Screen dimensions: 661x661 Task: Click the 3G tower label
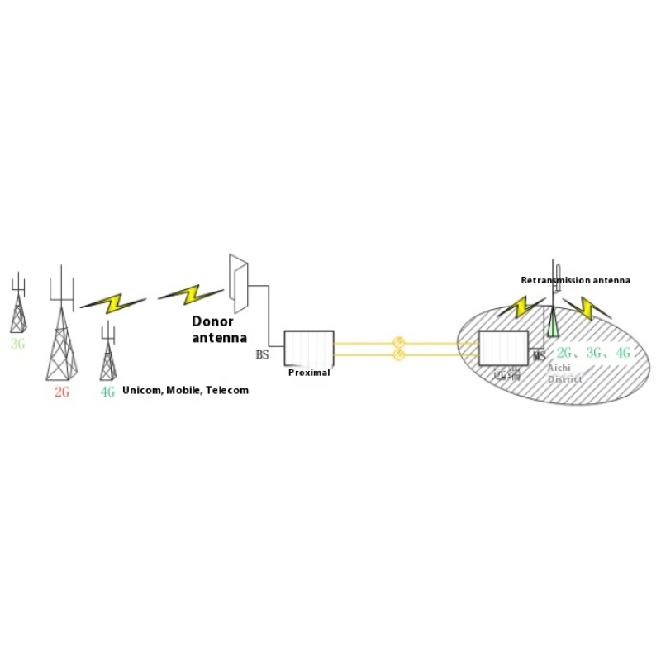point(18,343)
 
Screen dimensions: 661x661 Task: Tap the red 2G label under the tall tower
point(62,392)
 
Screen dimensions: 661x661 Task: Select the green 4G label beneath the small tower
point(107,392)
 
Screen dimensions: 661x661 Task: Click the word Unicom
point(140,390)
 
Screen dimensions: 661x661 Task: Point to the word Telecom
point(227,390)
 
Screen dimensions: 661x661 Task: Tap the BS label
point(262,354)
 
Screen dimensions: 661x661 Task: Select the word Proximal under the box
point(309,373)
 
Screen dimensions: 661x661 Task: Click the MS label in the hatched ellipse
point(539,356)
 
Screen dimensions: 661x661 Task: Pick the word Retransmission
point(556,281)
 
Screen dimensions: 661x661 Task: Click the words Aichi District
point(565,374)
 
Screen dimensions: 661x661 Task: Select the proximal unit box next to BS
point(308,348)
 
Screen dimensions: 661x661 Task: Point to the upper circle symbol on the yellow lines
point(398,341)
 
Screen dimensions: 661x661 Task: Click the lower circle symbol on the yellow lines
point(398,354)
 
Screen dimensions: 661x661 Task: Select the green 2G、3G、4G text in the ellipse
point(594,353)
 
